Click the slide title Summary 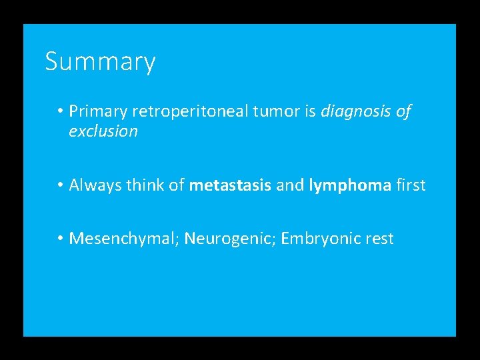pyautogui.click(x=100, y=62)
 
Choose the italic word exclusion pyautogui.click(x=103, y=131)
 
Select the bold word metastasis pyautogui.click(x=230, y=185)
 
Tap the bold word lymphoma pyautogui.click(x=350, y=185)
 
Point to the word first pyautogui.click(x=411, y=185)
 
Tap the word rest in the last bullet pyautogui.click(x=381, y=238)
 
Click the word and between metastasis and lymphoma pyautogui.click(x=290, y=185)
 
